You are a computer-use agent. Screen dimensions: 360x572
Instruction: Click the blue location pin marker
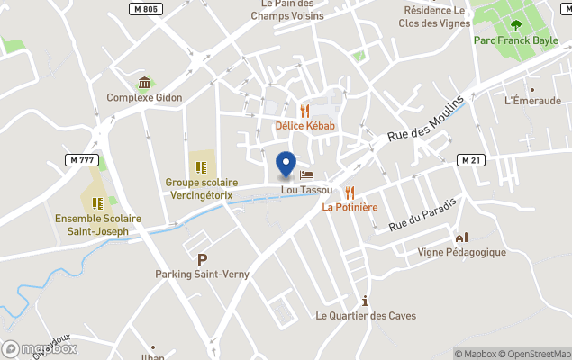[286, 165]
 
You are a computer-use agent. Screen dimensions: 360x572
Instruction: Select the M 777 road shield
[82, 159]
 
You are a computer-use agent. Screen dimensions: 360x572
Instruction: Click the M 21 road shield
[469, 159]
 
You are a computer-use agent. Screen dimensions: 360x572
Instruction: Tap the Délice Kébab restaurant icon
[304, 111]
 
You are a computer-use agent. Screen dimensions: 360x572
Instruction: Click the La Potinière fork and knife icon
[350, 192]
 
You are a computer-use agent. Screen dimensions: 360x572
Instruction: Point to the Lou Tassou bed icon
[306, 175]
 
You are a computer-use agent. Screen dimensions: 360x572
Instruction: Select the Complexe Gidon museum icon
[144, 83]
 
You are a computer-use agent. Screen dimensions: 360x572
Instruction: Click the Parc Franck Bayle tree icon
[515, 25]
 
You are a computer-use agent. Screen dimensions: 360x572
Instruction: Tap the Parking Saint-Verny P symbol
[202, 259]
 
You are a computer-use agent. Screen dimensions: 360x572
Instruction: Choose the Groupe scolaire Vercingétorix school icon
[201, 166]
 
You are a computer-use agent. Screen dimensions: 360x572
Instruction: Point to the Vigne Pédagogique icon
[462, 238]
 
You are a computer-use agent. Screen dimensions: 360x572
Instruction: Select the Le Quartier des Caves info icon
[364, 301]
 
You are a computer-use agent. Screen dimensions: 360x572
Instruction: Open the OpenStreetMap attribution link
[537, 354]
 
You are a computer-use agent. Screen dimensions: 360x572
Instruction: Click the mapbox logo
[40, 348]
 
